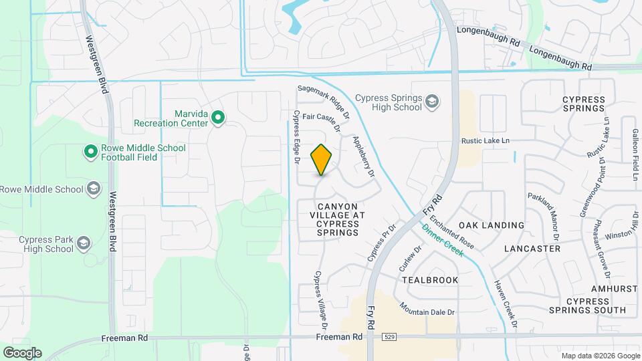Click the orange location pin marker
coord(322,160)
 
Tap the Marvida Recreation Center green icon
coord(217,118)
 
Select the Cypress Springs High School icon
coord(432,102)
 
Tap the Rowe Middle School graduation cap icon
coord(93,189)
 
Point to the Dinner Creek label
coord(442,240)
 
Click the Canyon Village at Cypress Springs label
coord(338,219)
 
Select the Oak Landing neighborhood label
coord(492,225)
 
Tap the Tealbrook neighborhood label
coord(431,280)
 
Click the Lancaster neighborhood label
coord(532,249)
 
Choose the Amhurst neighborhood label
coord(614,288)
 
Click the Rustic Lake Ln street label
coord(486,140)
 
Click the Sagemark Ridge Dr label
coord(323,98)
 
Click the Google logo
coord(22,352)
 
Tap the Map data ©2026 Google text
coord(599,356)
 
